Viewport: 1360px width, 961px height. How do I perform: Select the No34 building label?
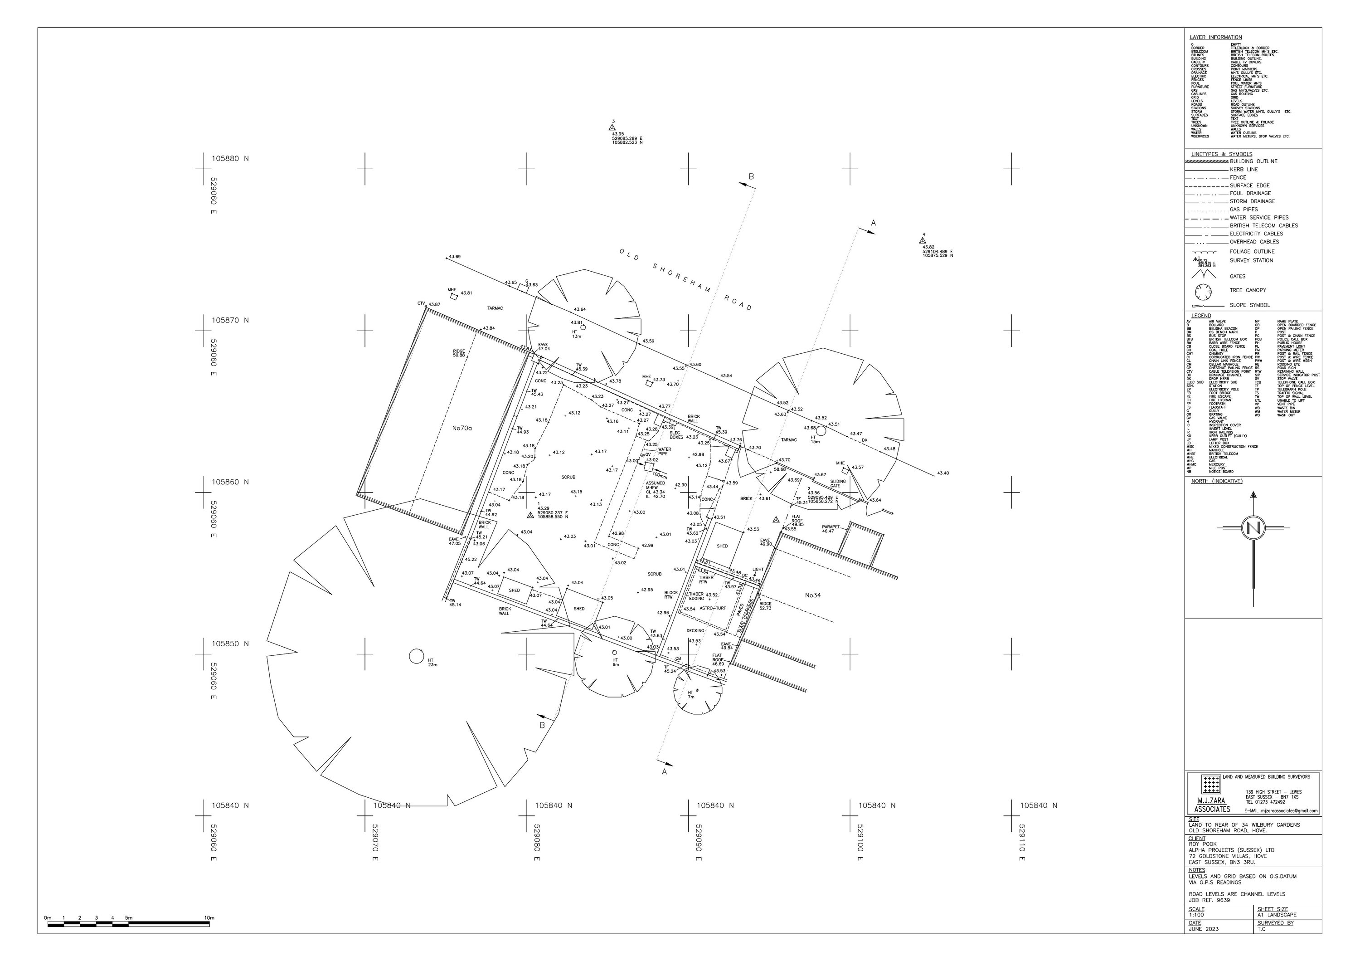(x=813, y=595)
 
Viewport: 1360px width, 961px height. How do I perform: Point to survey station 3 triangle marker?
(x=612, y=127)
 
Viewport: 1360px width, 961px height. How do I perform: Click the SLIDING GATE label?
(x=838, y=483)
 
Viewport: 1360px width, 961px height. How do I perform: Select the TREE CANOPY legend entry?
(x=1248, y=290)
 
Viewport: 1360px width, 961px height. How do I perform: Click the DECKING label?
(x=695, y=631)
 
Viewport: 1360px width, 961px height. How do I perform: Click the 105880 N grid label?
(x=230, y=159)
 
